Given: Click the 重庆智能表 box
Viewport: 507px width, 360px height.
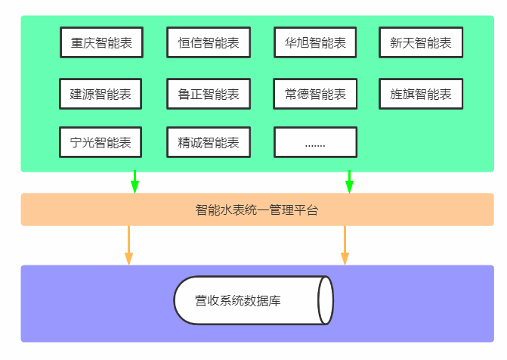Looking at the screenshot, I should [x=101, y=43].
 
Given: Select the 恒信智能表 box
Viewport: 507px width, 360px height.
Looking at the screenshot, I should [x=209, y=43].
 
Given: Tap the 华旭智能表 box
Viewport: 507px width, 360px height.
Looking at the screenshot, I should [x=316, y=43].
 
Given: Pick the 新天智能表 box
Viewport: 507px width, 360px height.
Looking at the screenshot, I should [x=421, y=43].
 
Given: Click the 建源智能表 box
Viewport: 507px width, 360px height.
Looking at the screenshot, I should [x=100, y=95].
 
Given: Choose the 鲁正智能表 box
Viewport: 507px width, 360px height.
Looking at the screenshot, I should [x=209, y=95].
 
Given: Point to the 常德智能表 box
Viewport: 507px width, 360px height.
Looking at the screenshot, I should [x=316, y=95].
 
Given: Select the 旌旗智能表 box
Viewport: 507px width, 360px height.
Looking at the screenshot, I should [x=421, y=95].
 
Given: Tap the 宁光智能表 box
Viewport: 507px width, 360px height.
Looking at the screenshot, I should [x=100, y=142].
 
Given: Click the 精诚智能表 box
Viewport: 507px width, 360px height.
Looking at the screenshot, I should [x=209, y=142].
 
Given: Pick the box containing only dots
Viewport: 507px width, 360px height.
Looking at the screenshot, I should [x=316, y=142].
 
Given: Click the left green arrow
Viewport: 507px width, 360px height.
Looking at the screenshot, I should [x=134, y=182].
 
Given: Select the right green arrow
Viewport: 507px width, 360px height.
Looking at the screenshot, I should [x=349, y=182].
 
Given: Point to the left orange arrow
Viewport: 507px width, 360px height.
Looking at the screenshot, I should [x=128, y=245].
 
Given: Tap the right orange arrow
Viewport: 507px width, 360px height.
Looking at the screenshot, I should [x=345, y=245].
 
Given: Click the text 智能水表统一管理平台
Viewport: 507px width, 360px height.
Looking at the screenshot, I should [x=257, y=210].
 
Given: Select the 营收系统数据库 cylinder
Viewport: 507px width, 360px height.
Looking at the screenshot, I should [x=249, y=301].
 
